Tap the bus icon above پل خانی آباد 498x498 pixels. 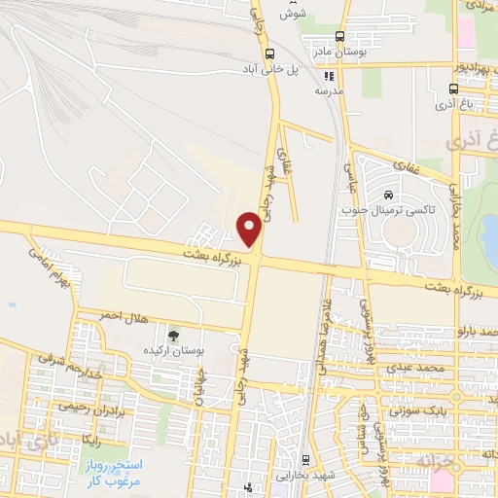pyautogui.click(x=269, y=54)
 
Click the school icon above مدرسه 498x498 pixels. pyautogui.click(x=329, y=75)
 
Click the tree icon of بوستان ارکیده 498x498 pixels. pyautogui.click(x=174, y=334)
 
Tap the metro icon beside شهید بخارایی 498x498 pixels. pyautogui.click(x=306, y=459)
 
